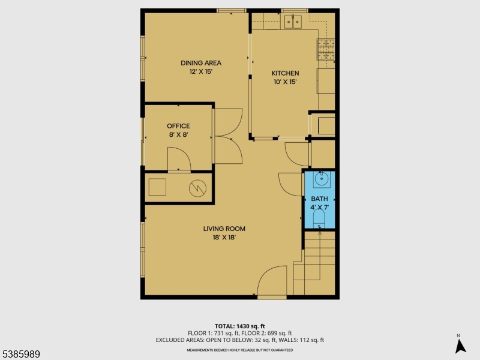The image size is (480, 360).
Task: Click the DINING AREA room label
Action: (201, 63)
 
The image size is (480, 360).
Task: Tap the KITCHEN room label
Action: (285, 73)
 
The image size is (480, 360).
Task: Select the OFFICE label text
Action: (178, 126)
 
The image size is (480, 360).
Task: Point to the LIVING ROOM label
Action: (224, 229)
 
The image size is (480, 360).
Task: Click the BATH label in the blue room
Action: (319, 199)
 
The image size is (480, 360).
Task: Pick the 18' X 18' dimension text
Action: (224, 237)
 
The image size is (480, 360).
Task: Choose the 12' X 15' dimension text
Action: (201, 71)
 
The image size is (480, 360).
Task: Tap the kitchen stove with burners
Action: (326, 48)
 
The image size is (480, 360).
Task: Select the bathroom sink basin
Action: (320, 178)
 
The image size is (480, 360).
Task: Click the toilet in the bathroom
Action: (319, 217)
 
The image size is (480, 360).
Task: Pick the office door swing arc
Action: (179, 159)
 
